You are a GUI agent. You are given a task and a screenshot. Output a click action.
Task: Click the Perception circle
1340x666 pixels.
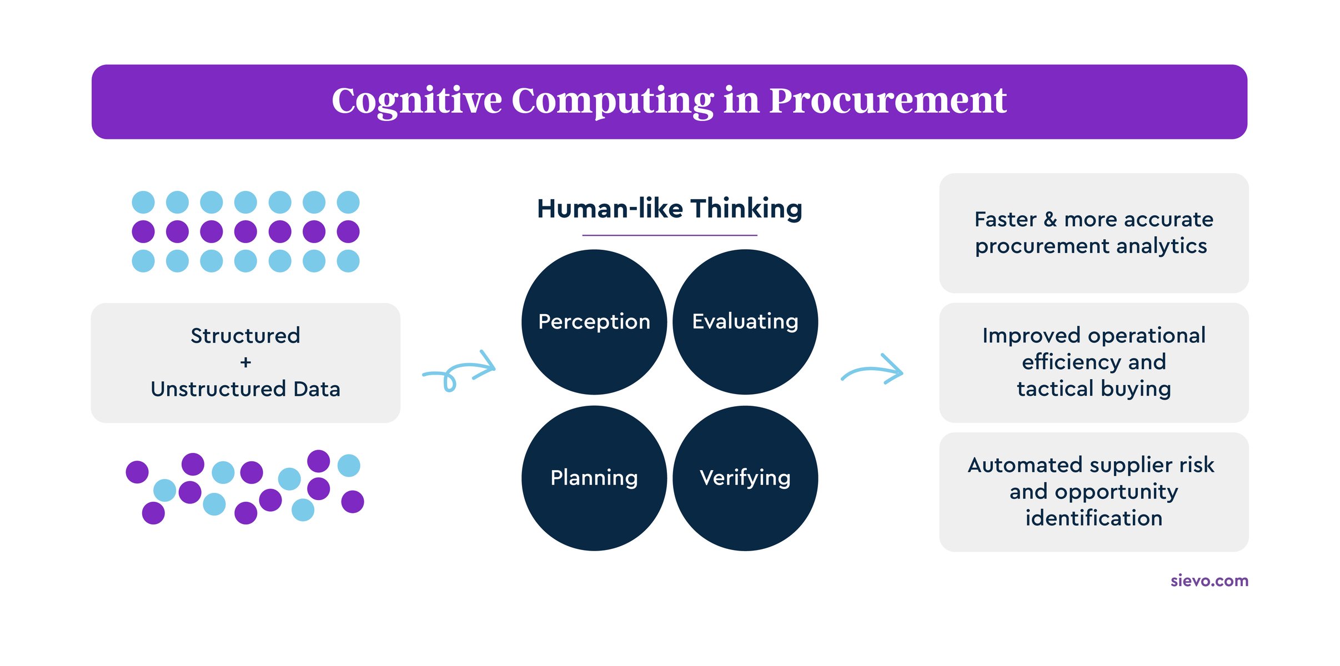click(x=594, y=322)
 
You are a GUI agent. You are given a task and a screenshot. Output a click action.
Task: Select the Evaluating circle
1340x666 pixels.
click(x=745, y=322)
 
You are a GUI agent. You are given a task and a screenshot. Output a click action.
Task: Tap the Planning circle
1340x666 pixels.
click(x=594, y=478)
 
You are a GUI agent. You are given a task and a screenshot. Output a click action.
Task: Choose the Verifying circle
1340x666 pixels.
click(x=745, y=478)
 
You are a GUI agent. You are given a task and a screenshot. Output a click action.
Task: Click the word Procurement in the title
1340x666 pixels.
click(x=887, y=101)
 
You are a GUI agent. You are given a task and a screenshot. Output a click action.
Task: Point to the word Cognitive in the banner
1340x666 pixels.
click(x=416, y=101)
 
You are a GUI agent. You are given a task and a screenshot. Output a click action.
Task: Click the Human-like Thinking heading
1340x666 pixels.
click(x=669, y=209)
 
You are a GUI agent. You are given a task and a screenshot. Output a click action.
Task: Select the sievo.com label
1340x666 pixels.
click(x=1209, y=581)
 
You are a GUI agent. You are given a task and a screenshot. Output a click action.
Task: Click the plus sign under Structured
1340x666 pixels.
click(x=245, y=362)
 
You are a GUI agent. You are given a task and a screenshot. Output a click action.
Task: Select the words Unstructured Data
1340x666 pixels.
click(x=245, y=389)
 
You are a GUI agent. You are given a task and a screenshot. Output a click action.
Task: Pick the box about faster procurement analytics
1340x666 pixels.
click(x=1093, y=233)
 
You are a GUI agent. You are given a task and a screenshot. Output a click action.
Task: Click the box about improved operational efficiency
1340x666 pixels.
click(x=1093, y=362)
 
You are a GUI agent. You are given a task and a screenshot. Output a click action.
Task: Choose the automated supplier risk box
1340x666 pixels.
click(x=1093, y=492)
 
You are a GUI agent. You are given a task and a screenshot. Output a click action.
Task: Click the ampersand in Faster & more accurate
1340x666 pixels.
click(x=1050, y=220)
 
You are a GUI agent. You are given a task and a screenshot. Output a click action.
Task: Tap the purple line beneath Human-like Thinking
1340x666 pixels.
click(x=669, y=235)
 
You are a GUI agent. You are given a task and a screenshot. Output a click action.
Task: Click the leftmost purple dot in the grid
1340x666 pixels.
click(x=143, y=231)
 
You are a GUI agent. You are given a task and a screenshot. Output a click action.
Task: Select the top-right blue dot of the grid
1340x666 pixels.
click(x=348, y=202)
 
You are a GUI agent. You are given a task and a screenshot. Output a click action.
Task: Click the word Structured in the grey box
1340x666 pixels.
click(x=245, y=336)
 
